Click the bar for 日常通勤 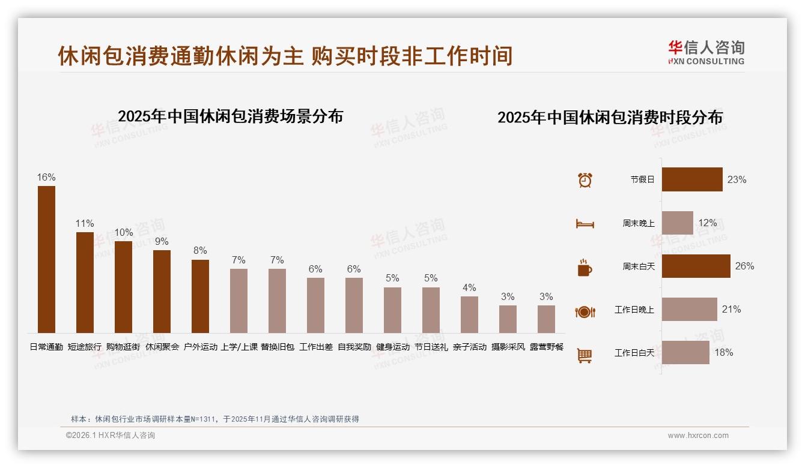(x=46, y=259)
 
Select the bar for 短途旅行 (x=85, y=282)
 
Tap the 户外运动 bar (x=200, y=296)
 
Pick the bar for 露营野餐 (x=546, y=319)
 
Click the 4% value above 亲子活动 (x=469, y=287)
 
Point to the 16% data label (x=46, y=177)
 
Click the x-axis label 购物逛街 (x=123, y=347)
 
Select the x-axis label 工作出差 (x=315, y=347)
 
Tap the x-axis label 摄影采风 (x=508, y=347)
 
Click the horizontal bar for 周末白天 (x=696, y=266)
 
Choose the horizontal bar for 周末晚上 (x=677, y=223)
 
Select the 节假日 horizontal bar (x=692, y=179)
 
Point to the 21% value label (x=731, y=309)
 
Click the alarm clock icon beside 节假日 (x=585, y=179)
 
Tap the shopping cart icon (x=584, y=356)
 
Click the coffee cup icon (x=585, y=268)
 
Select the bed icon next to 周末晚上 (x=585, y=224)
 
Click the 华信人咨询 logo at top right (x=706, y=52)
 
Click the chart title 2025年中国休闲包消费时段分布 (x=610, y=117)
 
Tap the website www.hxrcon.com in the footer (x=698, y=436)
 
